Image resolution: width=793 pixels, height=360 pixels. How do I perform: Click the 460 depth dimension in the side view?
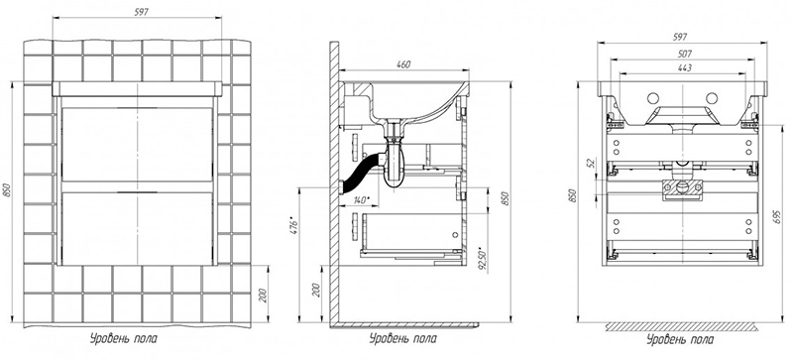tap(403, 64)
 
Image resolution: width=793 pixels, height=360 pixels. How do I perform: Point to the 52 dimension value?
tap(590, 162)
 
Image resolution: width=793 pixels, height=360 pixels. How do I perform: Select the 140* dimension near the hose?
tap(359, 200)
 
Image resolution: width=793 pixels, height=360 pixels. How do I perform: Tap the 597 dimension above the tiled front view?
tap(141, 12)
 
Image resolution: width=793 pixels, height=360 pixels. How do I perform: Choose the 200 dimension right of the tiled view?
tap(263, 295)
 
